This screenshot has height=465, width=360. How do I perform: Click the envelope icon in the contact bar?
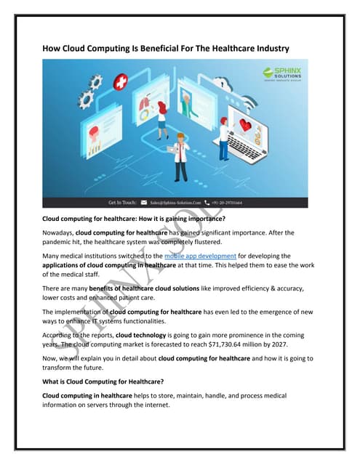coord(145,203)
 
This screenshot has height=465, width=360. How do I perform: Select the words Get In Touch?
coord(122,203)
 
